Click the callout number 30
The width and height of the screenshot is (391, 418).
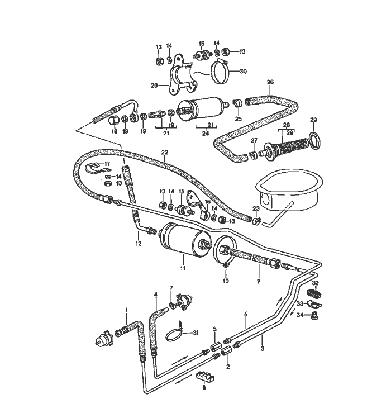coord(242,71)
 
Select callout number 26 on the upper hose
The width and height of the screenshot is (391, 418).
coord(270,82)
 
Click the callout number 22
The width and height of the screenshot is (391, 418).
coord(164,153)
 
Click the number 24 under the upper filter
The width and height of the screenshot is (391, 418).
coord(205,134)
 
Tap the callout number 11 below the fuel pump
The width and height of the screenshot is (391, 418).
coord(182,269)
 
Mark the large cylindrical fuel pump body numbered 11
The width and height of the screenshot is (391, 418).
coord(182,239)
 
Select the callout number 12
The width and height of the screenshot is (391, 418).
coord(138,244)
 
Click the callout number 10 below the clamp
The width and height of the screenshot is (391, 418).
coord(226,281)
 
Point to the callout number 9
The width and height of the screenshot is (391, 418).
coord(258,282)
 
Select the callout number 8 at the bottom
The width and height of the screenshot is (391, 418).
coord(204,387)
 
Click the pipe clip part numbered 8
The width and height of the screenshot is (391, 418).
coord(204,376)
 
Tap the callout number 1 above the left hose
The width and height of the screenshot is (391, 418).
coord(126,310)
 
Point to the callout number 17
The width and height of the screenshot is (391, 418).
coord(108,164)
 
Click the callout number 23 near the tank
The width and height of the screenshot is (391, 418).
coord(256,208)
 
